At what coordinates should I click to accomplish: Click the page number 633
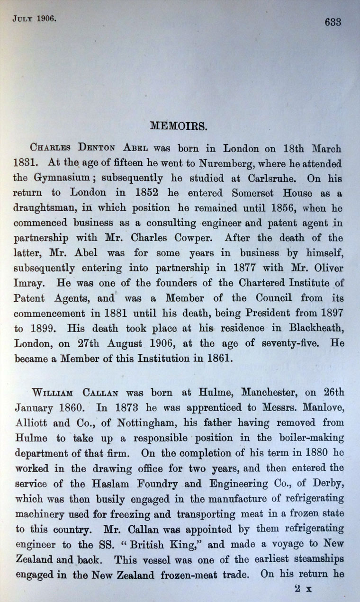coord(333,22)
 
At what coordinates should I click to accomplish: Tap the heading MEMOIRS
coord(178,126)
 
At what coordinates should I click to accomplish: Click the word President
coord(276,313)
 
